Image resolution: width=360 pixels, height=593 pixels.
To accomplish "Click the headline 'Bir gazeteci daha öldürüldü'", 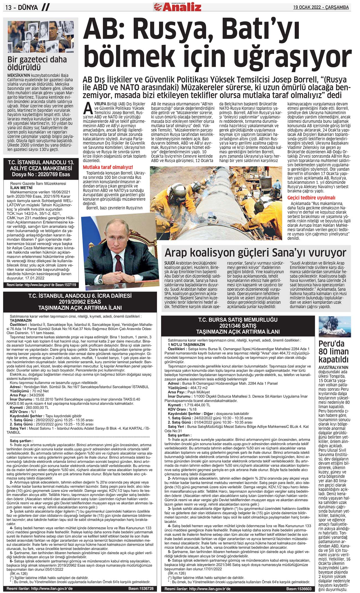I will click(x=37, y=63).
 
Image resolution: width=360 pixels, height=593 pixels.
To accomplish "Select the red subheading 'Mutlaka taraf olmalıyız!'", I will click(x=108, y=167).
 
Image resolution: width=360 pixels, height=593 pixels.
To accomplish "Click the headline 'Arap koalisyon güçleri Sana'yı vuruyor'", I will click(x=255, y=253).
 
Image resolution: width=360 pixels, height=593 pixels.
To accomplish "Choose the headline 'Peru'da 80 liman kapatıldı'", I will click(x=333, y=351).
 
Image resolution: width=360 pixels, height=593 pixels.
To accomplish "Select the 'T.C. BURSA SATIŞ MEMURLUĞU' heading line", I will click(x=238, y=319).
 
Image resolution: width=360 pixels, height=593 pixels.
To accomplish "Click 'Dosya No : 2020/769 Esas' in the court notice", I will click(x=41, y=174).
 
